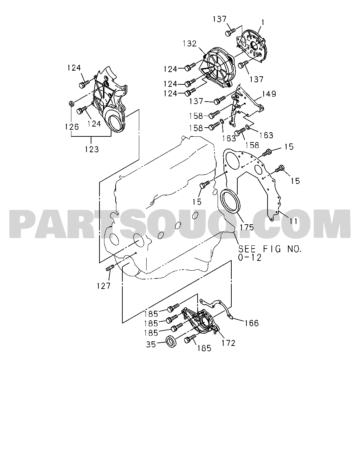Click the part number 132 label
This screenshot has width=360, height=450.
pos(190,44)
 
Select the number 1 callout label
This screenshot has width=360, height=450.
pos(263,22)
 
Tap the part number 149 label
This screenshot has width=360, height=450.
pos(269,94)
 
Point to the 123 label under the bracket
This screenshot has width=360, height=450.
pos(92,149)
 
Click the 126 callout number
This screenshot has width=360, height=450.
pos(72,127)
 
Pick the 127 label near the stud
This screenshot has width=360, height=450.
pos(103,286)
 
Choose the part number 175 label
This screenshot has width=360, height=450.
pos(247,227)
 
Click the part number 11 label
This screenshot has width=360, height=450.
pos(293,221)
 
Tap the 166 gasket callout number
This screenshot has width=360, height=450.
pos(252,323)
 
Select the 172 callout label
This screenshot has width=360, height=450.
pos(229,343)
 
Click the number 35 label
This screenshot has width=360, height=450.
pos(151,345)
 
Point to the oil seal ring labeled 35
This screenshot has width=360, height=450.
pos(171,341)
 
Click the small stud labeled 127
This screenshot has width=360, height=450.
pos(110,268)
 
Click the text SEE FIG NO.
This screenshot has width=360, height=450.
pos(270,249)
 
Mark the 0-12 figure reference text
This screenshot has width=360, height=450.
pos(250,258)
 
